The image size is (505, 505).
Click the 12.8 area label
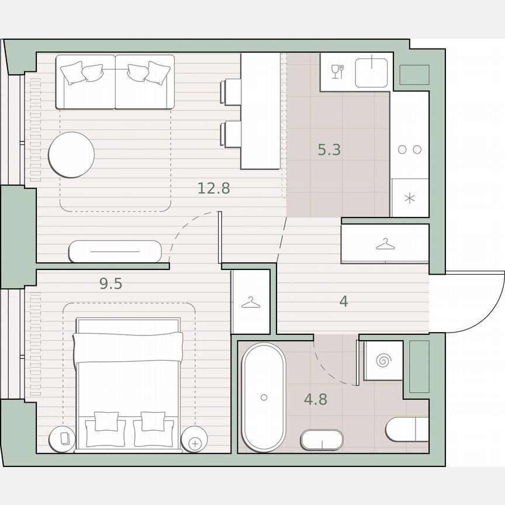coord(213,188)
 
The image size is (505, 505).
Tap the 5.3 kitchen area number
coord(329,150)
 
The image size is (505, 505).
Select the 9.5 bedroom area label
coord(110,284)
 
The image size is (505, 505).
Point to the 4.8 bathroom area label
coord(315,400)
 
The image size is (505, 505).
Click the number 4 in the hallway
coord(344,302)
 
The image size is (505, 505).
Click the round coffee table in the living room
coord(71,155)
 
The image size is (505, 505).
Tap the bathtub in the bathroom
coord(264,397)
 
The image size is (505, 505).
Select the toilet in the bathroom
coord(407,430)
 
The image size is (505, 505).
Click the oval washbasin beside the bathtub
coord(322,440)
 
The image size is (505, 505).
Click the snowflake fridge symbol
coord(410,198)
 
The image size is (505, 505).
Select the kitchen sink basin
coord(371,71)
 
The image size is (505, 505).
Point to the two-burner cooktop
coord(410,150)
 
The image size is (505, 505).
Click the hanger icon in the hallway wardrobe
coord(385,244)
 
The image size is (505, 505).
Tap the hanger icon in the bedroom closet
coord(250,302)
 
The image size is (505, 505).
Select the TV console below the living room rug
coord(115,251)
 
